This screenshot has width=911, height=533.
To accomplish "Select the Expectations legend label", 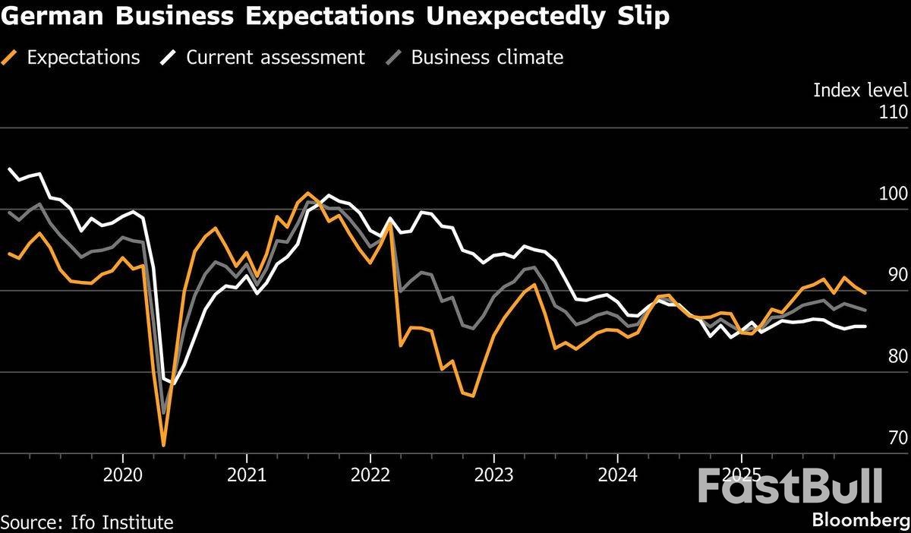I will coord(83,57).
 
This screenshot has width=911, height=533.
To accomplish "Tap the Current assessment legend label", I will coord(275,57).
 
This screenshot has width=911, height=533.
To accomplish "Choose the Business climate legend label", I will coord(487,57).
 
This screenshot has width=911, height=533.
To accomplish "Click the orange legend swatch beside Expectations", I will coord(11,57).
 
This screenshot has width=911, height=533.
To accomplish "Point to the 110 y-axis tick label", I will coord(893,112).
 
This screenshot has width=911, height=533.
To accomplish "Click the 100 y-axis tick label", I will coord(893,194).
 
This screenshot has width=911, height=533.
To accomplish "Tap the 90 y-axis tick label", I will coord(897,275).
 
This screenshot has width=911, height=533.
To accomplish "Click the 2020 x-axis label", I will coord(123,475).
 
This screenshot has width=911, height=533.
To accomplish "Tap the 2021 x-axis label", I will coord(247,475).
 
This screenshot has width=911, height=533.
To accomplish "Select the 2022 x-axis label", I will coord(370,475).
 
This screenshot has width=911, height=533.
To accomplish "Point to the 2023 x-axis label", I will coord(493,475).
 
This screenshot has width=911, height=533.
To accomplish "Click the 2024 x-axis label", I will coord(617,475).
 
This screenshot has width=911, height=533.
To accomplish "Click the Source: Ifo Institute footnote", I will coord(87,522).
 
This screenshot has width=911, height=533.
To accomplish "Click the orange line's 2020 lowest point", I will coord(163,445).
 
